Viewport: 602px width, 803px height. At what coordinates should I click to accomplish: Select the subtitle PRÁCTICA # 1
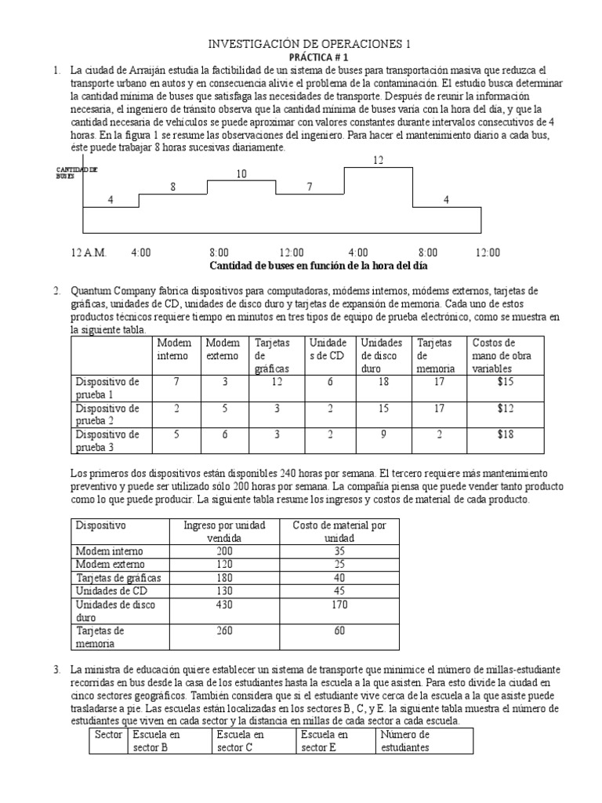click(301, 58)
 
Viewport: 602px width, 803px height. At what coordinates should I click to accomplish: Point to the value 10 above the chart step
click(241, 174)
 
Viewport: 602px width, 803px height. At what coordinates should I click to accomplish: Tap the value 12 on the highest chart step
click(379, 160)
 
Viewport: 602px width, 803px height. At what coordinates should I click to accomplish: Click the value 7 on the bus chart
click(309, 187)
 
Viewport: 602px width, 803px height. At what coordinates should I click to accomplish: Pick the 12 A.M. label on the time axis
click(88, 253)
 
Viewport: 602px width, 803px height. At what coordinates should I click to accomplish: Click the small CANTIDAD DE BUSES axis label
click(76, 173)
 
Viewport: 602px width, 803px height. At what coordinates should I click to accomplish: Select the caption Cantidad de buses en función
click(301, 266)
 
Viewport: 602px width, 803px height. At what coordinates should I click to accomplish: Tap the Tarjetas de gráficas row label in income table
click(117, 577)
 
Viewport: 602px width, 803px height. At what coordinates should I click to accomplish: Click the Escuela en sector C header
click(241, 741)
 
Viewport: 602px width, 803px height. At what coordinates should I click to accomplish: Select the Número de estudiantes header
click(404, 741)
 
